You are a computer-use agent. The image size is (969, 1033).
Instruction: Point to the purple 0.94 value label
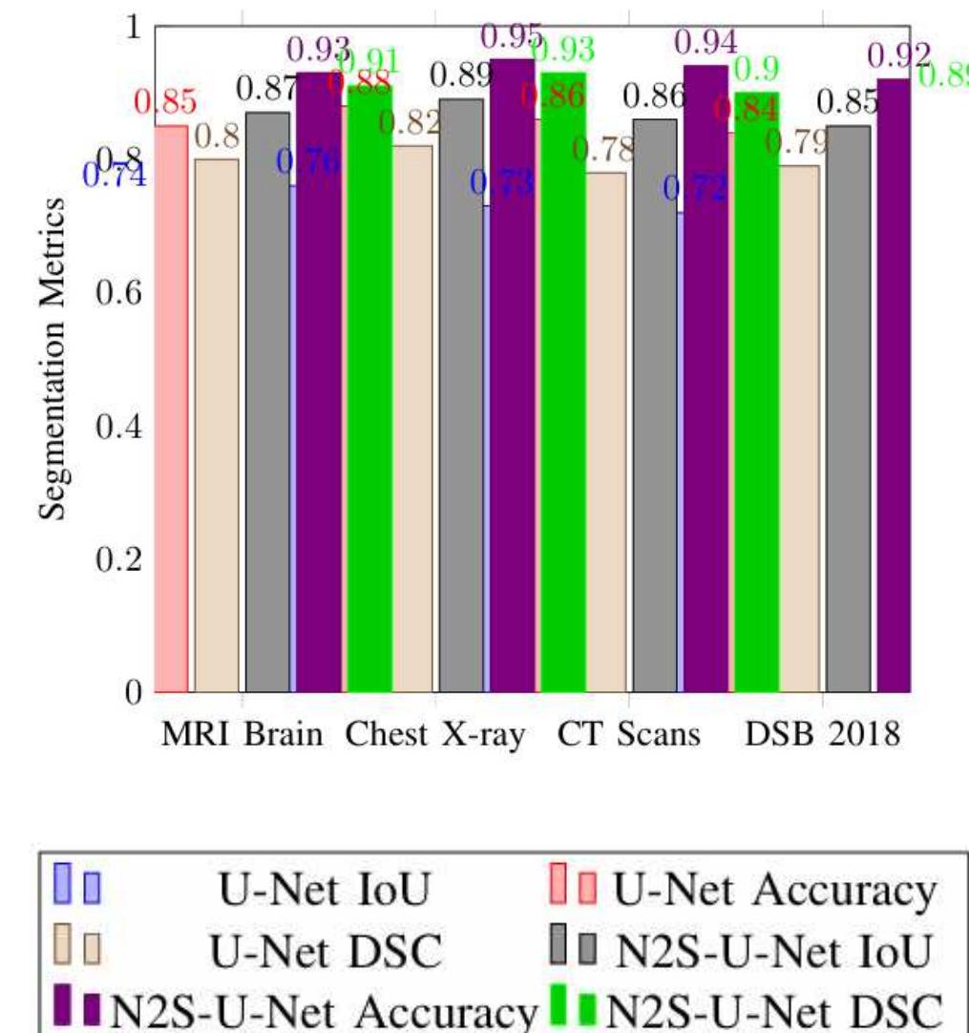coord(706,41)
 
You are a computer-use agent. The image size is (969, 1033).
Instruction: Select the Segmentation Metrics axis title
coord(54,359)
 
